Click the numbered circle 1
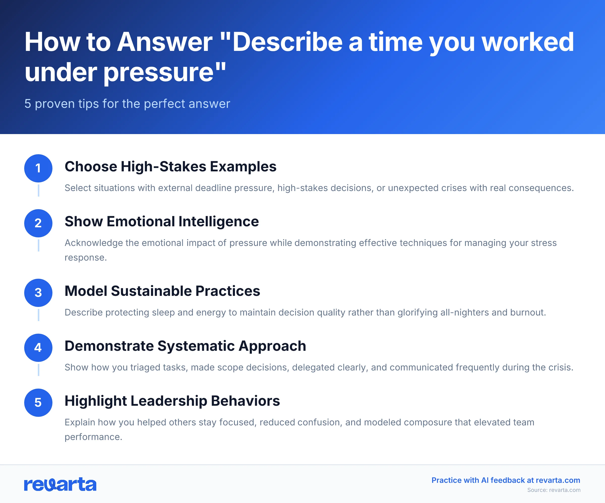pyautogui.click(x=38, y=168)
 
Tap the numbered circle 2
pyautogui.click(x=38, y=223)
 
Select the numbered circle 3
pyautogui.click(x=38, y=293)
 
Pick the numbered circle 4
pyautogui.click(x=38, y=348)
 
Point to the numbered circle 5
pyautogui.click(x=38, y=403)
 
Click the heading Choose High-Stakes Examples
pyautogui.click(x=170, y=167)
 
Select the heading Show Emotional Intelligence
pyautogui.click(x=162, y=222)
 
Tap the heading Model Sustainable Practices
pyautogui.click(x=162, y=291)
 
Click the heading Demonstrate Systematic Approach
pyautogui.click(x=185, y=346)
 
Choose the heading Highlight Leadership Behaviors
pyautogui.click(x=172, y=401)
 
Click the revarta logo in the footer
pyautogui.click(x=60, y=484)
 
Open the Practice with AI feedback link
pyautogui.click(x=506, y=480)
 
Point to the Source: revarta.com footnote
pyautogui.click(x=554, y=490)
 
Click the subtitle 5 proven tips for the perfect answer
pyautogui.click(x=127, y=104)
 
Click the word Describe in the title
pyautogui.click(x=287, y=42)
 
